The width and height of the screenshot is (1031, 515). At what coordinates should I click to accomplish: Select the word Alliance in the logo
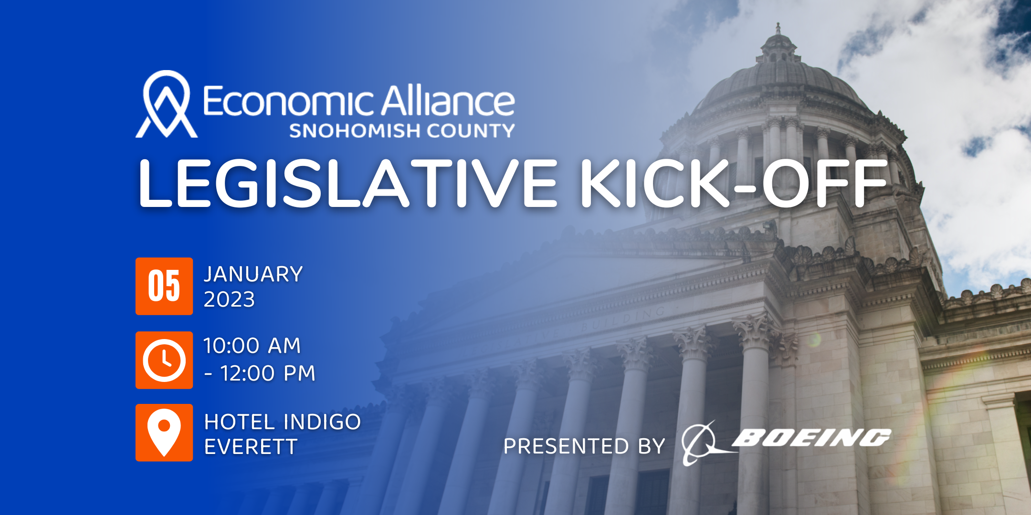pyautogui.click(x=448, y=101)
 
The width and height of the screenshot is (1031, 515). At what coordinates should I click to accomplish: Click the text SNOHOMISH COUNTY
pyautogui.click(x=402, y=131)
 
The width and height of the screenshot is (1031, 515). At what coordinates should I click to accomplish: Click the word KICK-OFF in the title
pyautogui.click(x=734, y=183)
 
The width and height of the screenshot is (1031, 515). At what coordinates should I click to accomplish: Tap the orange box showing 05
pyautogui.click(x=164, y=286)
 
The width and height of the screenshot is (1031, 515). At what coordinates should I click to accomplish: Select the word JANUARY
pyautogui.click(x=253, y=274)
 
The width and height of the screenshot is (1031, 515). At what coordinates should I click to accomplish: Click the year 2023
pyautogui.click(x=229, y=299)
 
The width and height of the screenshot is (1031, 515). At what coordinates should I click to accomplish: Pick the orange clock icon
pyautogui.click(x=164, y=360)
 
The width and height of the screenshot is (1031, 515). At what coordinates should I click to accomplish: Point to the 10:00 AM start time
pyautogui.click(x=252, y=346)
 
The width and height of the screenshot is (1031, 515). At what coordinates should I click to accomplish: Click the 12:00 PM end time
pyautogui.click(x=268, y=373)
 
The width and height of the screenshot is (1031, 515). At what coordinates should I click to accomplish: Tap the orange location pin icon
pyautogui.click(x=164, y=433)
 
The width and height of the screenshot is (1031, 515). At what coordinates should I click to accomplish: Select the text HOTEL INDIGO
pyautogui.click(x=282, y=422)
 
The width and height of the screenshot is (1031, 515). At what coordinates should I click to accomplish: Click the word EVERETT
pyautogui.click(x=251, y=447)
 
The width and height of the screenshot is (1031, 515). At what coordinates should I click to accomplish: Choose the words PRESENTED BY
pyautogui.click(x=584, y=446)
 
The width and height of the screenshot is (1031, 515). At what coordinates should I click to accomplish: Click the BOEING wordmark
pyautogui.click(x=811, y=437)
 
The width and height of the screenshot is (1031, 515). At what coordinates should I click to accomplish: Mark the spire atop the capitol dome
pyautogui.click(x=778, y=29)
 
